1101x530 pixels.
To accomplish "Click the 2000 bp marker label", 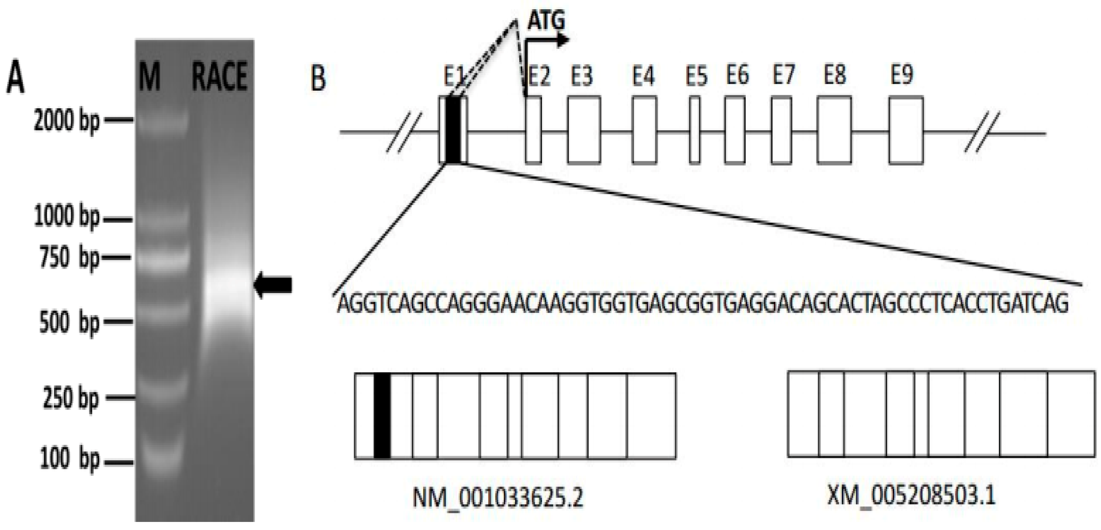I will click(x=66, y=122).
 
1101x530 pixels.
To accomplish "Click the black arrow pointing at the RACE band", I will click(x=273, y=284).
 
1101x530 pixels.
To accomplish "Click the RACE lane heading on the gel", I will click(x=220, y=76).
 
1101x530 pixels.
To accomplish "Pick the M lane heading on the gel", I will click(x=150, y=76).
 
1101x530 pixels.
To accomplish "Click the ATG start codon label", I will click(x=546, y=20).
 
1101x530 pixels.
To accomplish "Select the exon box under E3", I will click(x=584, y=130).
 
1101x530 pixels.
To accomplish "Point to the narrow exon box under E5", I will click(x=694, y=130).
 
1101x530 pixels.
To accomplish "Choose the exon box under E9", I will click(x=906, y=130).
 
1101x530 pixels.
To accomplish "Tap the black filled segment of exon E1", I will click(x=453, y=130).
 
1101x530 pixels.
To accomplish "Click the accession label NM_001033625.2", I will click(x=498, y=497).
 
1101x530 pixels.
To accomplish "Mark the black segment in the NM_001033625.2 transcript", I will click(x=382, y=415).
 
